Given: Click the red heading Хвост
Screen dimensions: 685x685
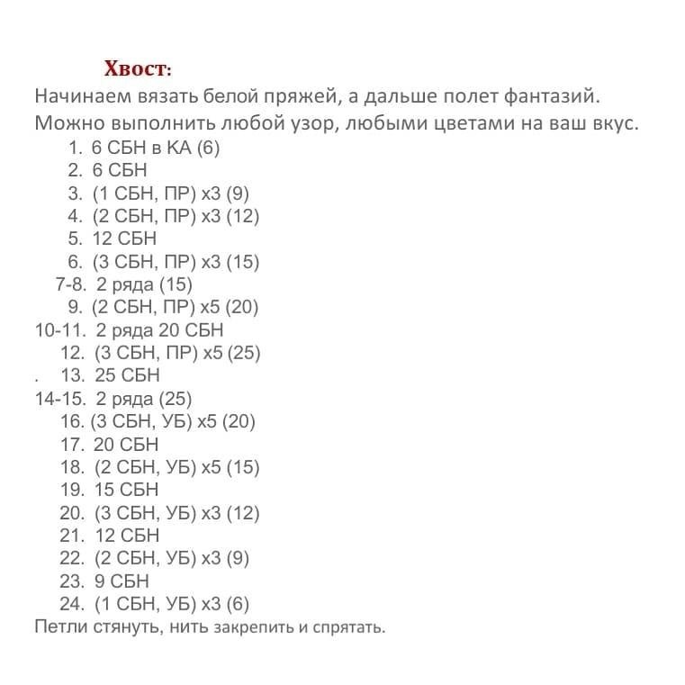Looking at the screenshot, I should tap(136, 68).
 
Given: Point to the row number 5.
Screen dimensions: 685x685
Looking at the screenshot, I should tap(75, 239).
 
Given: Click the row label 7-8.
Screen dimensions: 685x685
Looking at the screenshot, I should tap(70, 284).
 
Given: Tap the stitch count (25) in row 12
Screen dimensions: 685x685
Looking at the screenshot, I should tap(244, 353).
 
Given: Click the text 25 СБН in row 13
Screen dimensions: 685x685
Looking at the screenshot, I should tap(127, 375).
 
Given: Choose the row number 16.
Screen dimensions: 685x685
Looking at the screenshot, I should tap(71, 421).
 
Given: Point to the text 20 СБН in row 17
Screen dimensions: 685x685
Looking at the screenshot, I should tap(126, 445).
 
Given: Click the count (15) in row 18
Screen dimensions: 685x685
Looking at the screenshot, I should tap(243, 467).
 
